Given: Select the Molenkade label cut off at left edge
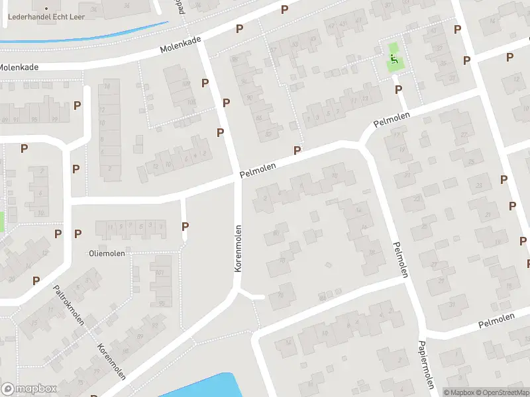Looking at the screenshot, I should tap(19, 67).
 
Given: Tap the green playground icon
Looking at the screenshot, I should tap(394, 61).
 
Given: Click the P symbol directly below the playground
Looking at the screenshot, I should tap(398, 89).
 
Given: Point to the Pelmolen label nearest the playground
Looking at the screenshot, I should tap(392, 120).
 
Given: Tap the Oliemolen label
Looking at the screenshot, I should tap(107, 253).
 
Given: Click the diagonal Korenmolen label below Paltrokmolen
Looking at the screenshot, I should tap(111, 363).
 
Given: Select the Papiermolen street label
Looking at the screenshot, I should tap(425, 365).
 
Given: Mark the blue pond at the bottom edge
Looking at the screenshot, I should tap(199, 388).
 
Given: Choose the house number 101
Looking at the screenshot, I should tap(159, 273).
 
